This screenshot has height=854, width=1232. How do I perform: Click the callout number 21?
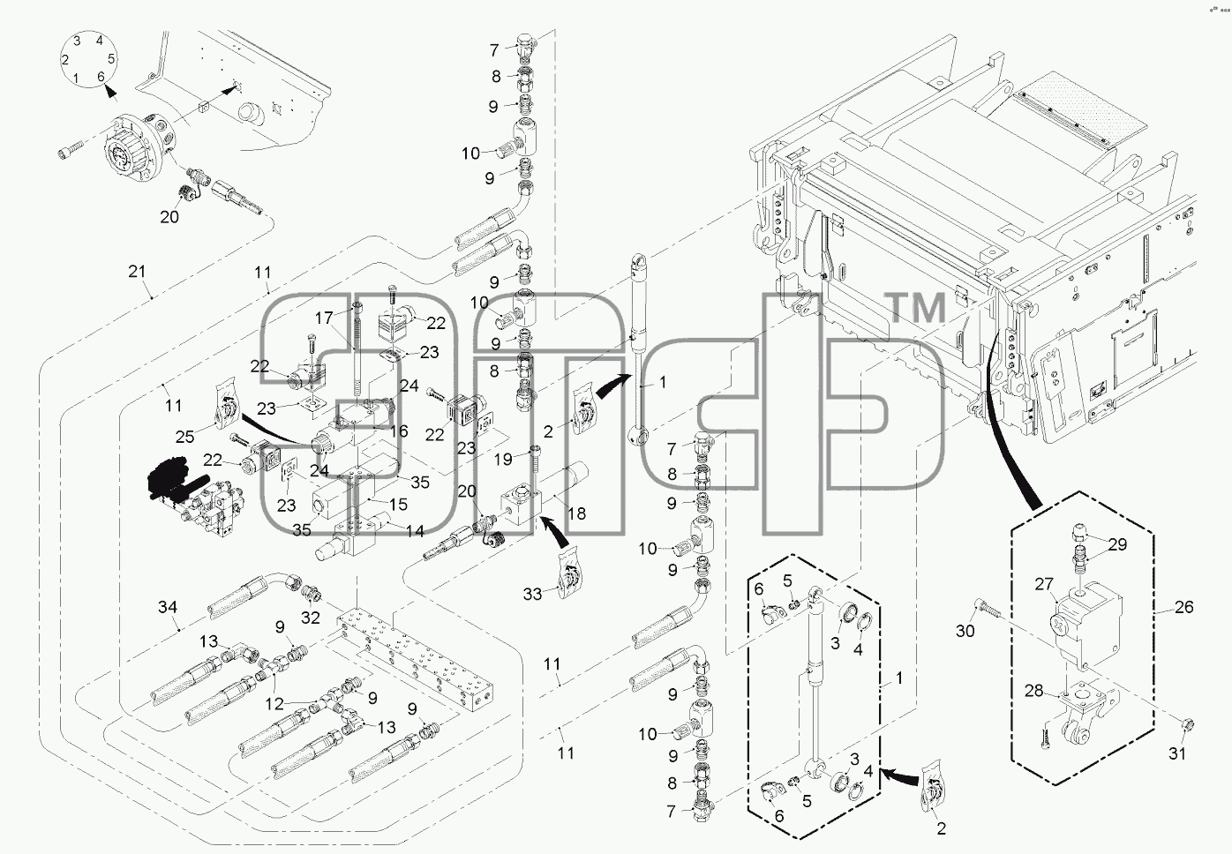137,271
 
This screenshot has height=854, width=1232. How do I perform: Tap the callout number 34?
168,607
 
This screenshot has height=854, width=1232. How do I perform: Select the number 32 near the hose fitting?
310,618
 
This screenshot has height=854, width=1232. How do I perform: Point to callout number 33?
532,594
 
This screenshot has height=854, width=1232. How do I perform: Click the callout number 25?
184,437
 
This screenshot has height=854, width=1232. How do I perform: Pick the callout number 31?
1177,753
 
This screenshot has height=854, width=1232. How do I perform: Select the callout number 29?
1117,544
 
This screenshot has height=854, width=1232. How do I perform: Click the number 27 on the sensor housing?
1044,584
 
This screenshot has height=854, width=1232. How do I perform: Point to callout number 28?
1034,691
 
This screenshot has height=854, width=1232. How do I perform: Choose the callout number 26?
1183,607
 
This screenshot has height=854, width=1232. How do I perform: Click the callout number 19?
503,459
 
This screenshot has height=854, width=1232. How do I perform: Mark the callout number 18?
576,513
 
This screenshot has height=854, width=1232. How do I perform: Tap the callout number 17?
324,318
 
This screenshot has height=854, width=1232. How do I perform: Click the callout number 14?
415,531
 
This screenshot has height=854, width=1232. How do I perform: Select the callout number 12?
274,703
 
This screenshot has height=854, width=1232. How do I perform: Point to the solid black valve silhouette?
168,480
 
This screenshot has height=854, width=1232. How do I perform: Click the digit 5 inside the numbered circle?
112,58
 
